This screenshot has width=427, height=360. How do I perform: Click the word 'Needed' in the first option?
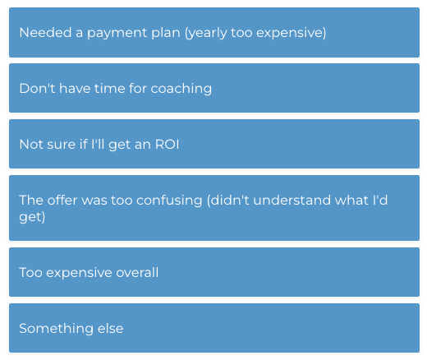[x=45, y=33]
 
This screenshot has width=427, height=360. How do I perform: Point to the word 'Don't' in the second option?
[x=37, y=88]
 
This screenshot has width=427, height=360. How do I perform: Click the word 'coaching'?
[x=181, y=89]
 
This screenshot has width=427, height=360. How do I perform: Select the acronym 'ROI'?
[x=167, y=145]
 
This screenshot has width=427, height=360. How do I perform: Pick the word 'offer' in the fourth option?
[x=62, y=200]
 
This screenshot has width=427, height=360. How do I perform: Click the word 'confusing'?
[x=169, y=201]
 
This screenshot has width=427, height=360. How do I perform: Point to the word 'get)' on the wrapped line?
[x=32, y=217]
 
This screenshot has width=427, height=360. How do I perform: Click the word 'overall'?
[x=137, y=272]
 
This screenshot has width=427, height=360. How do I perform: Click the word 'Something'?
[x=56, y=329]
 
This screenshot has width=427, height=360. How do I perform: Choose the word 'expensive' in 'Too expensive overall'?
[x=80, y=274]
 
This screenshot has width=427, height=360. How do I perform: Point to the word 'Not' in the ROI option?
[x=31, y=145]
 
